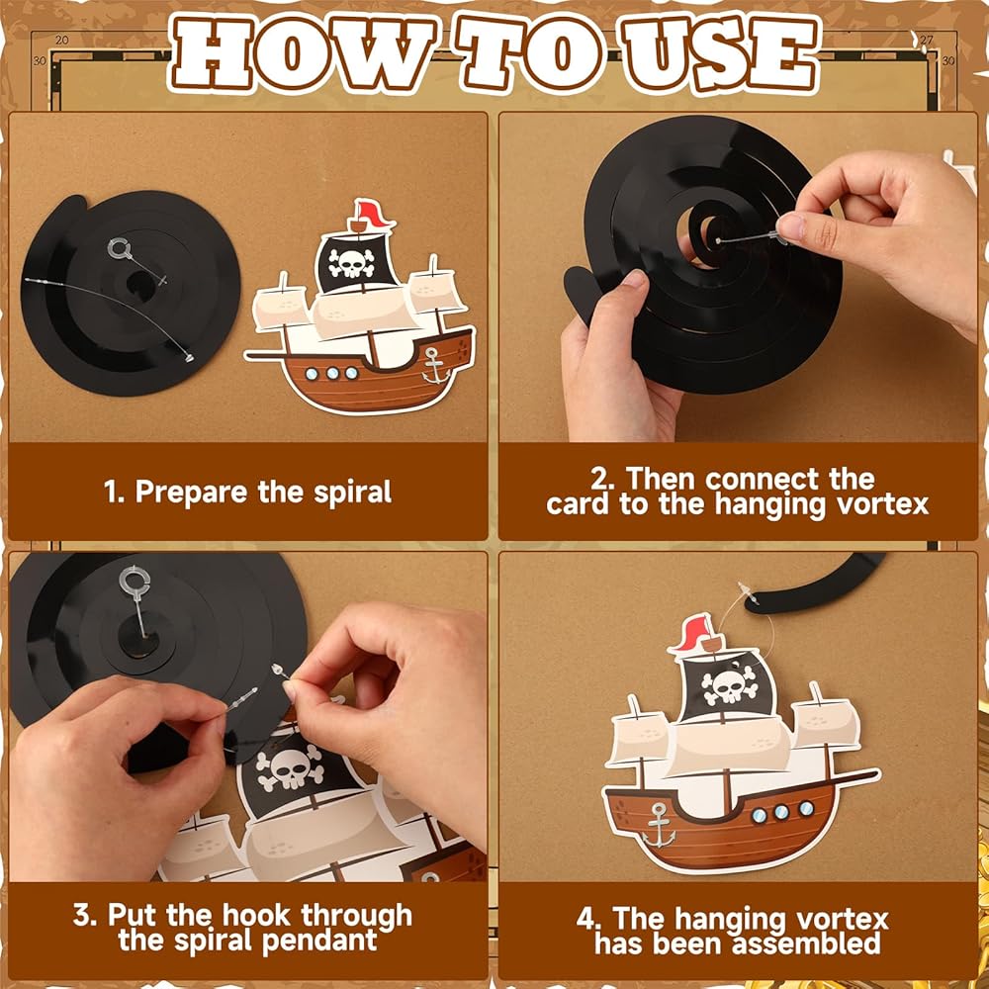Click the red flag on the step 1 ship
[375, 214]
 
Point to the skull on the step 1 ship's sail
[352, 263]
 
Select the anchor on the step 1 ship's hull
[434, 365]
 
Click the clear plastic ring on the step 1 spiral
[119, 248]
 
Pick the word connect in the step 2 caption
[763, 480]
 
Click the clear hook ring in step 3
[134, 580]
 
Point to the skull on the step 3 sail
[291, 767]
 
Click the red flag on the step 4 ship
[693, 632]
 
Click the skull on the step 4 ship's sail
[729, 685]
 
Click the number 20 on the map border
[61, 40]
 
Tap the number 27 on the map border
[926, 40]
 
